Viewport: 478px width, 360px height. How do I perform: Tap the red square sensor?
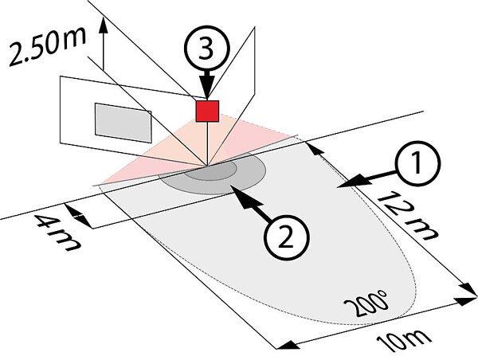click(208, 111)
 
